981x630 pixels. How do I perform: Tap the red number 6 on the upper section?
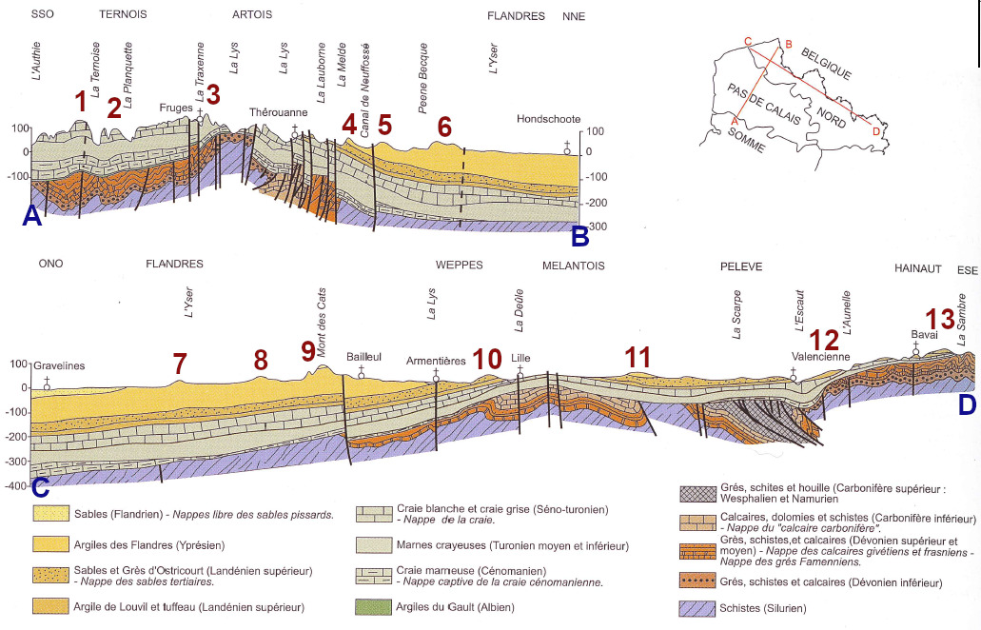point(444,126)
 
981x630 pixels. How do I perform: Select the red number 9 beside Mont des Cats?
point(308,350)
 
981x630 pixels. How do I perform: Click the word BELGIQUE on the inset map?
point(825,61)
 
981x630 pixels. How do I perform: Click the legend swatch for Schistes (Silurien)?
point(698,607)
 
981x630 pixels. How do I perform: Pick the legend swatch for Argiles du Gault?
point(374,606)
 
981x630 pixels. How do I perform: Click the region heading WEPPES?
point(460,266)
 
